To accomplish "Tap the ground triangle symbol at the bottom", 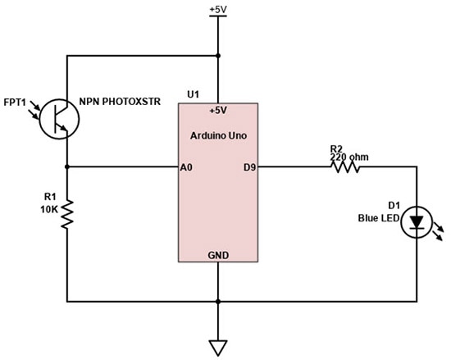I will tap(218, 347).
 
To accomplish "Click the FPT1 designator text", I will tap(16, 105).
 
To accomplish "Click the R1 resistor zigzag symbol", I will tap(66, 216).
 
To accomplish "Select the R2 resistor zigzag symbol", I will tap(344, 167).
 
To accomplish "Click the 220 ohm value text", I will tap(344, 156).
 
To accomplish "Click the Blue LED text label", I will tap(377, 218).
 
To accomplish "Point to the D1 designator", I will tap(393, 206).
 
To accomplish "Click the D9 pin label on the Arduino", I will tap(250, 167).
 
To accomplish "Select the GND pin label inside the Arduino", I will tap(218, 255).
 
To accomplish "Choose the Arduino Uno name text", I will tap(218, 134).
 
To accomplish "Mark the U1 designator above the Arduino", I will tap(193, 95).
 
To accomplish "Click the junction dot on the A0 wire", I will tap(66, 167).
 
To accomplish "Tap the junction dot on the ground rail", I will tap(218, 300).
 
